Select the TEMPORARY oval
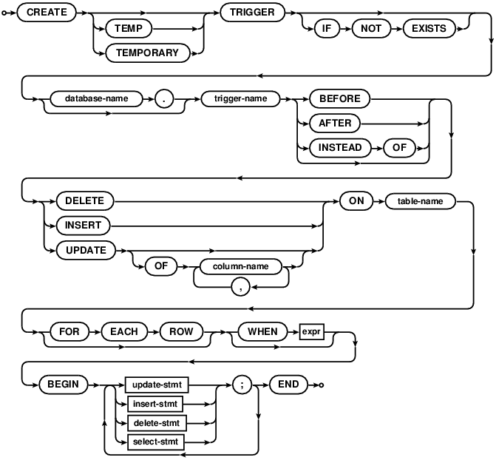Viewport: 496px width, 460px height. click(148, 53)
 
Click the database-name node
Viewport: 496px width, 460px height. click(95, 100)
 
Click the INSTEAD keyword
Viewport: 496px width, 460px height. click(340, 147)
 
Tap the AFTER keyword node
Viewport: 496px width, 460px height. click(335, 124)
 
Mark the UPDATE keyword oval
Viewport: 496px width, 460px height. click(81, 249)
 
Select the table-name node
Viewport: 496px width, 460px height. click(418, 202)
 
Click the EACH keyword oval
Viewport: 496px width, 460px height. click(123, 331)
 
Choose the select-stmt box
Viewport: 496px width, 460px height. click(156, 442)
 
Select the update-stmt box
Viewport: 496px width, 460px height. click(156, 385)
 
